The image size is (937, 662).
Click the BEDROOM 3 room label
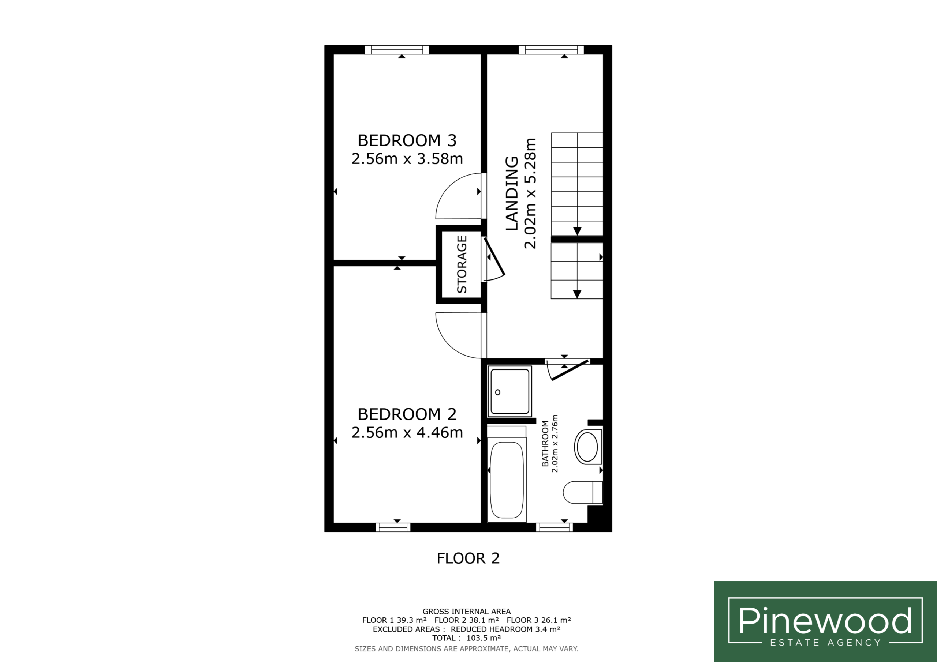pos(407,141)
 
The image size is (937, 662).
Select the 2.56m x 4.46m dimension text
pos(407,432)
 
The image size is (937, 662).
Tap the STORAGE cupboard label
pos(462,264)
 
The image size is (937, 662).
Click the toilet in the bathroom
pos(583,493)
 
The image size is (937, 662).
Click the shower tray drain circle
pos(497,392)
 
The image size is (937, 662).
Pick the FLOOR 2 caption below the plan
pos(468,558)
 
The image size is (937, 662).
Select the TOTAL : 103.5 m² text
pos(466,638)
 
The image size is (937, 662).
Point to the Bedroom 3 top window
pos(397,50)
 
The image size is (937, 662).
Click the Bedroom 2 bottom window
pos(393,527)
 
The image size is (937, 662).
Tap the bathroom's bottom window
pos(554,527)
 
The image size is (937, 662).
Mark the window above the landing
pos(551,50)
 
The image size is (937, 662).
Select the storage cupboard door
pos(494,257)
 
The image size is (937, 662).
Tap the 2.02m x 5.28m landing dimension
pos(530,193)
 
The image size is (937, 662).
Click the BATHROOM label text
pos(545,443)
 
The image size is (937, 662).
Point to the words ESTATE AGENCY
pos(825,643)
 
